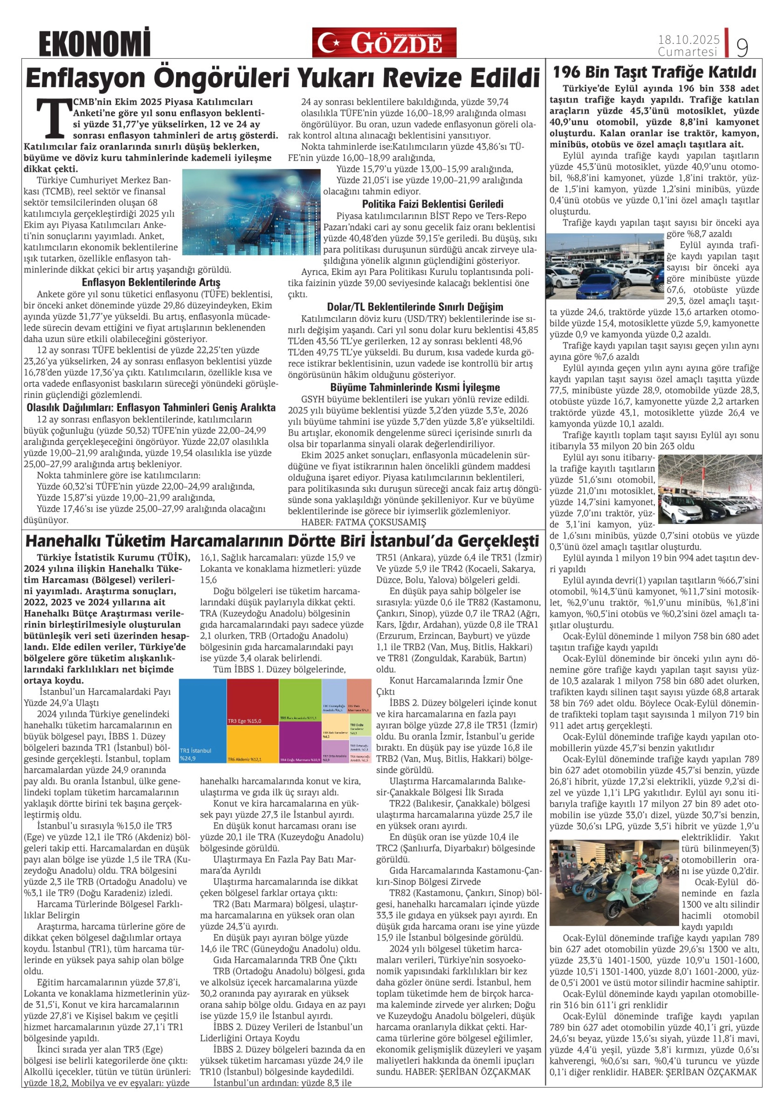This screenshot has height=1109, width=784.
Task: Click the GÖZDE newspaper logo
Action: point(384,42)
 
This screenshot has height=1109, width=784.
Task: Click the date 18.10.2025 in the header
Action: point(689,39)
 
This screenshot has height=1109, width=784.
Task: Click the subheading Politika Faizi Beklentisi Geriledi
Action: point(432,204)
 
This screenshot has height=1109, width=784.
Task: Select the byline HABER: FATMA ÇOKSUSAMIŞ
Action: point(363,522)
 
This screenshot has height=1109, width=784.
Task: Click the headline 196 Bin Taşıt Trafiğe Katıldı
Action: point(654,73)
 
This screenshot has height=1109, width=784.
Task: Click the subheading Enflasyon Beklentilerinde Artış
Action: point(151,282)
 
